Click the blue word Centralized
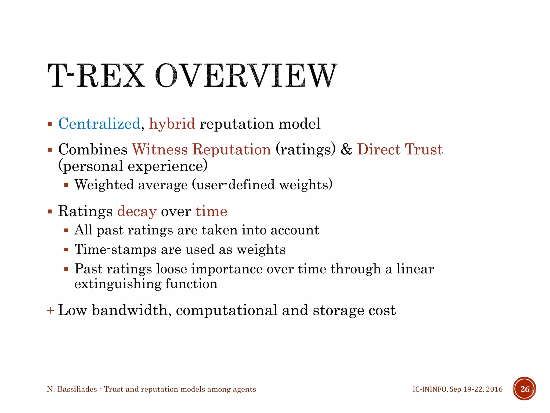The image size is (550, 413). [x=99, y=124]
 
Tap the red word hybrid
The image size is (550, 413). [x=172, y=124]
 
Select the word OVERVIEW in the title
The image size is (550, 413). [x=246, y=76]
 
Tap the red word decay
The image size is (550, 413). [x=137, y=211]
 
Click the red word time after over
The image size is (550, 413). [x=211, y=211]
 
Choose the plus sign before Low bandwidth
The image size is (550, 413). [x=50, y=311]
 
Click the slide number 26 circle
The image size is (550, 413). [x=524, y=389]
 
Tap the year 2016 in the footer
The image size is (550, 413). [x=494, y=389]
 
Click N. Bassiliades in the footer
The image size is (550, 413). [x=72, y=389]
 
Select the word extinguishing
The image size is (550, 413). [x=117, y=284]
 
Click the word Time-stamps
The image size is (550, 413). [x=115, y=250]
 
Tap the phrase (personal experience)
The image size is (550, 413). [x=133, y=166]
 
